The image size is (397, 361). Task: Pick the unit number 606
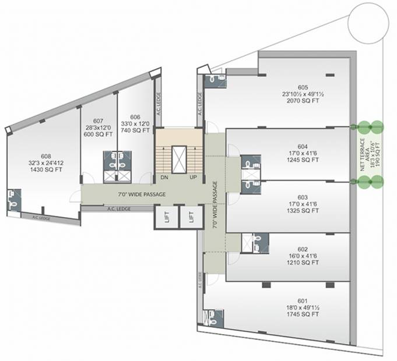(135, 116)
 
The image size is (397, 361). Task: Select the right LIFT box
(191, 218)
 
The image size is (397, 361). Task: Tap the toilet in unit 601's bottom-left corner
(210, 317)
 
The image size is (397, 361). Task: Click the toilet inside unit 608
(12, 199)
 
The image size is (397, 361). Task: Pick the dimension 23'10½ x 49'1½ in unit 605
(299, 92)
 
